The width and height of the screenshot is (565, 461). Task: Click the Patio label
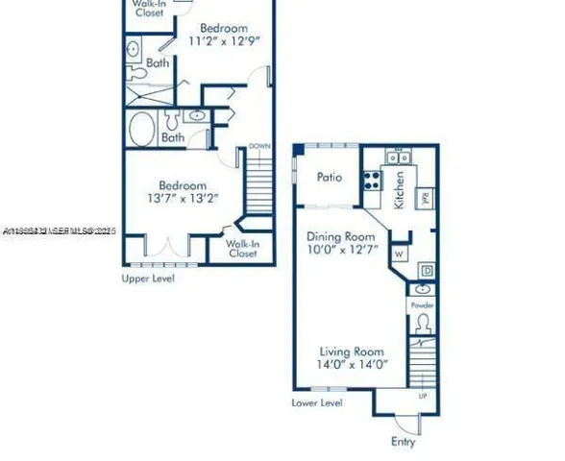point(332,178)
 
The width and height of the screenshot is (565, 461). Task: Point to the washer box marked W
point(398,254)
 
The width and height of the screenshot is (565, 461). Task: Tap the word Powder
point(423,305)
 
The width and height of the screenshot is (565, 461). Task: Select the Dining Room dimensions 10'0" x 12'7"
point(342,251)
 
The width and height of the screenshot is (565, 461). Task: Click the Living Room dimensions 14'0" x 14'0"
point(345,364)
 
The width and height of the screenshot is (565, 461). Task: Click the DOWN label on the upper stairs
point(259,147)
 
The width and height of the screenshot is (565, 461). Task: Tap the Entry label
point(404,442)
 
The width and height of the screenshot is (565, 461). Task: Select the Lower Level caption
point(317,403)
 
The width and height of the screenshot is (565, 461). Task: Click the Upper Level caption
point(148,279)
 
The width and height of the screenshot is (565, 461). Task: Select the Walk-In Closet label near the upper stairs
point(241,249)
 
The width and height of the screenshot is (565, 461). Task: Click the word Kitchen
point(399,189)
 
